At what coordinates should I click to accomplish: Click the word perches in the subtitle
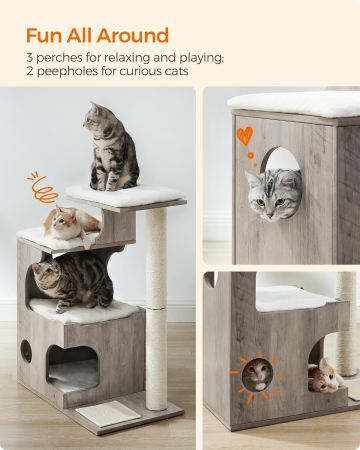click(59, 58)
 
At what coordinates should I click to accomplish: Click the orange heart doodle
click(245, 136)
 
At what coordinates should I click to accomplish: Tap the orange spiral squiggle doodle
click(41, 188)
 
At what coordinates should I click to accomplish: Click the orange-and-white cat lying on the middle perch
click(71, 223)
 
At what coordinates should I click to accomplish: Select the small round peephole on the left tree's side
click(26, 351)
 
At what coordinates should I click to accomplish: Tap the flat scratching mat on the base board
click(108, 414)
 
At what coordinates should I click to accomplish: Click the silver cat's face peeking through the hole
click(271, 195)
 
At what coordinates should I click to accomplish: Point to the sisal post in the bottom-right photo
click(346, 324)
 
